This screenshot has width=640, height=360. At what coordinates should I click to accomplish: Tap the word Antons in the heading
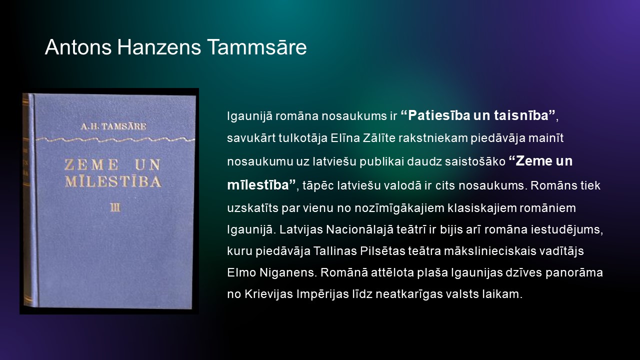pyautogui.click(x=78, y=47)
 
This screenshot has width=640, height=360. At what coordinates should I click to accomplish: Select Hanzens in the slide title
pyautogui.click(x=159, y=47)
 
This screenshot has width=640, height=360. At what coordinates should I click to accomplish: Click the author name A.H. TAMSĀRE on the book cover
pyautogui.click(x=113, y=126)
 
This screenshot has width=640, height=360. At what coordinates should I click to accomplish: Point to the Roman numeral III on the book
pyautogui.click(x=115, y=207)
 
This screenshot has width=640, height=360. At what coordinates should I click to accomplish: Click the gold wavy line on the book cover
pyautogui.click(x=115, y=139)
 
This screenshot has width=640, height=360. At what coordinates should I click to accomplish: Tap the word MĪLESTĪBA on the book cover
pyautogui.click(x=113, y=181)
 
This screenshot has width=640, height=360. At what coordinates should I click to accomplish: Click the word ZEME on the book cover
pyautogui.click(x=91, y=164)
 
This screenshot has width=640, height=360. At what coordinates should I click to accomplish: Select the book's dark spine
pyautogui.click(x=29, y=200)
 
